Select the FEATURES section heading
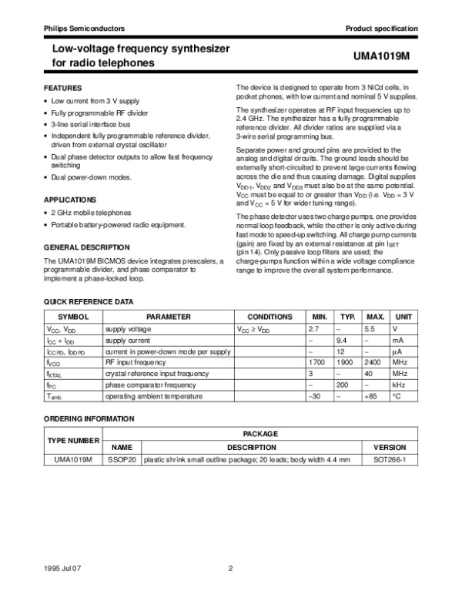point(62,89)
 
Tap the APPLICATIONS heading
point(70,199)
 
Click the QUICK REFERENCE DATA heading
point(88,301)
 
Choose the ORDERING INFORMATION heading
point(88,418)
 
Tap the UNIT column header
point(403,317)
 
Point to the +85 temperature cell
point(373,395)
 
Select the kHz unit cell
point(399,384)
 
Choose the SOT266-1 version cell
point(390,459)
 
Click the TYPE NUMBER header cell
point(74,440)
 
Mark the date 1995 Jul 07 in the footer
point(62,569)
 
